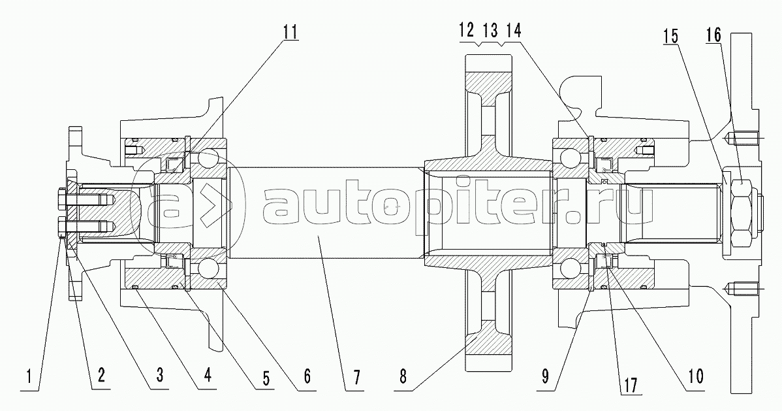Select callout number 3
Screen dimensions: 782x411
click(x=159, y=375)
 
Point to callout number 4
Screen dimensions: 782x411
click(x=208, y=374)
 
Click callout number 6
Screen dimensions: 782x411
click(x=307, y=376)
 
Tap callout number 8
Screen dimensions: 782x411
click(x=403, y=376)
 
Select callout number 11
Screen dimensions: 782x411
click(x=290, y=31)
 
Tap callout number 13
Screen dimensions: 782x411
click(x=490, y=31)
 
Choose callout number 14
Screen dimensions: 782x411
click(x=513, y=31)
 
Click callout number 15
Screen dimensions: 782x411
click(x=671, y=35)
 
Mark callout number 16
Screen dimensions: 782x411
click(x=713, y=35)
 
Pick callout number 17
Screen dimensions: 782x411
click(x=631, y=384)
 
